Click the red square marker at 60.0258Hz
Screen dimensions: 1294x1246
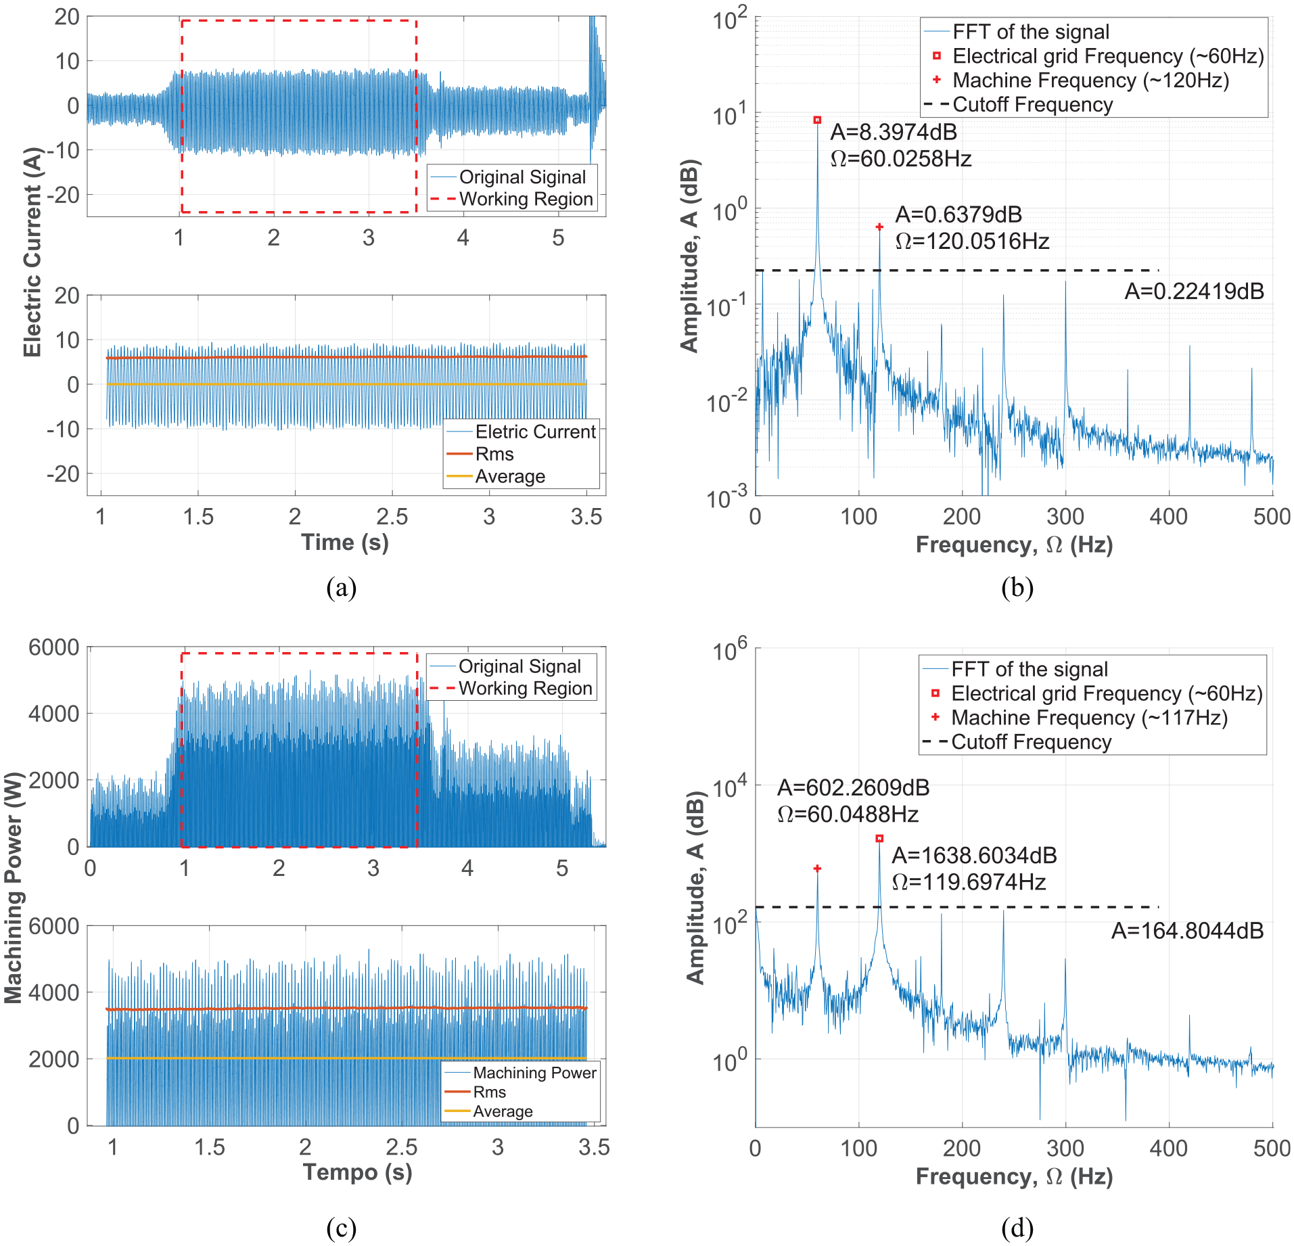(x=817, y=120)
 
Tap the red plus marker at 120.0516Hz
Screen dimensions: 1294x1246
(x=879, y=227)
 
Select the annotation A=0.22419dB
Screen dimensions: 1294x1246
(x=1194, y=292)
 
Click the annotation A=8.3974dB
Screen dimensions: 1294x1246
(x=894, y=132)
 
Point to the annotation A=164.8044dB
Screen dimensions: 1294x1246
(x=1187, y=931)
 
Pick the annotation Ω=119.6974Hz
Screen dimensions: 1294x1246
(x=969, y=882)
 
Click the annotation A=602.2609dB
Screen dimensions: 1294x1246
(x=853, y=787)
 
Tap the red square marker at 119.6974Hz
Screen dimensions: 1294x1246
(x=879, y=838)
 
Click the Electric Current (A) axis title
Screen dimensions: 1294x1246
(x=32, y=252)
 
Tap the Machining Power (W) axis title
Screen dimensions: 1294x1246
(x=13, y=888)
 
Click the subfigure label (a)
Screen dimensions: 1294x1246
(x=341, y=587)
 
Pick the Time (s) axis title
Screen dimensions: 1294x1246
(x=345, y=542)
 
